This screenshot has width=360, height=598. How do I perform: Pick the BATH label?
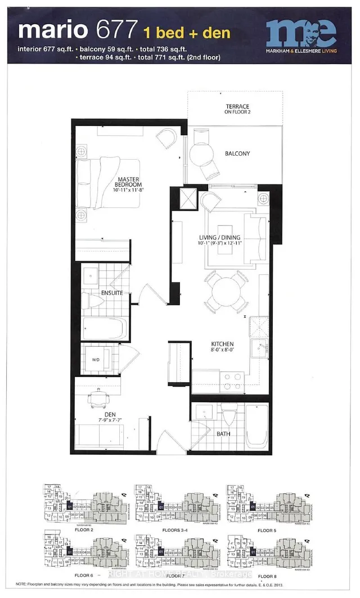pos(222,433)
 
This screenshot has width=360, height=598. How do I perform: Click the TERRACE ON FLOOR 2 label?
pos(233,109)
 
